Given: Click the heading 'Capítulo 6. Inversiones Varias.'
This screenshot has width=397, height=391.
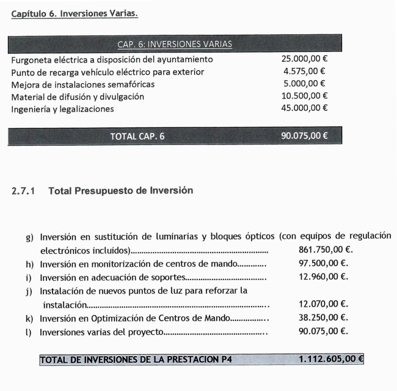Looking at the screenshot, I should [x=75, y=13].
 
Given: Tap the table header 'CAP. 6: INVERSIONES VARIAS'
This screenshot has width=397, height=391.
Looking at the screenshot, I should [x=174, y=44].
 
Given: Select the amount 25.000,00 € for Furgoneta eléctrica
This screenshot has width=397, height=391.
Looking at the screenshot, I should [x=304, y=59].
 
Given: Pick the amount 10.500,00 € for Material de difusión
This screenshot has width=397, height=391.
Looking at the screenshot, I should [x=304, y=96].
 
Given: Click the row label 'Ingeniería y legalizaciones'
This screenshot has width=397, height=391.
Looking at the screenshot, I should [x=62, y=108].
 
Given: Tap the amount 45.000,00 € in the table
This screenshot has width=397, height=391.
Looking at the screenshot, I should [x=304, y=108].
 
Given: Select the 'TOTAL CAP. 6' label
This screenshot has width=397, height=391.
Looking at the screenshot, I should [x=137, y=136].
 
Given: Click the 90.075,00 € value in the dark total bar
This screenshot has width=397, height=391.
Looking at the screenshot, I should [x=304, y=136].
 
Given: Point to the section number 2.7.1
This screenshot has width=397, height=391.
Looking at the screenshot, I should [x=23, y=191].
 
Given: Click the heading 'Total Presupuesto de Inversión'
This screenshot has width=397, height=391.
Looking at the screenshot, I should [x=120, y=191].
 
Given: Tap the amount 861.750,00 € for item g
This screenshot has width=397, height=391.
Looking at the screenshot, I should [x=326, y=250].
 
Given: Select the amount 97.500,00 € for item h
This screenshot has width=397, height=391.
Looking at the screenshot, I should [x=324, y=264].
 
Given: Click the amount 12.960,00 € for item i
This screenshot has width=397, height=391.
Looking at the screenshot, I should [x=324, y=277].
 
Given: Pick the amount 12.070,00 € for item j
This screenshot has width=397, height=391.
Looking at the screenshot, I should [x=324, y=303].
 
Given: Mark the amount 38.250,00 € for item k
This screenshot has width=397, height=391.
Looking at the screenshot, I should [x=324, y=317].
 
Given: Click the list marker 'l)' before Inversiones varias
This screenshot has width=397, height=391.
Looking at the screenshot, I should [x=30, y=332].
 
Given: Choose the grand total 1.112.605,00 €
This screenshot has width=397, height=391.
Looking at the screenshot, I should [x=327, y=359].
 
